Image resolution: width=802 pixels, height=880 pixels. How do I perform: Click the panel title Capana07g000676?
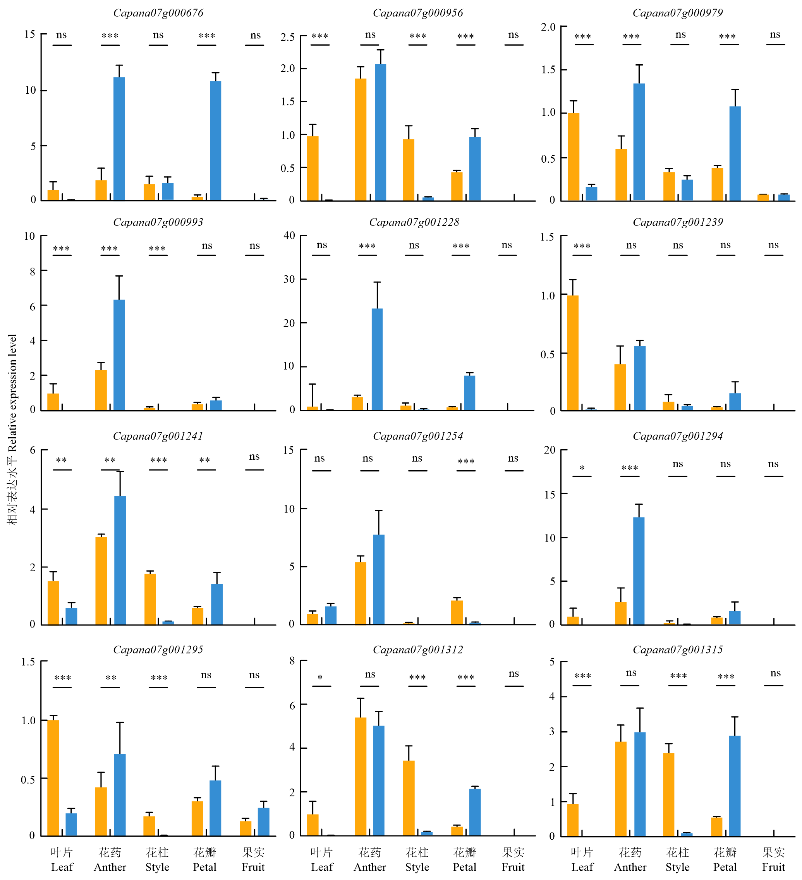(158, 13)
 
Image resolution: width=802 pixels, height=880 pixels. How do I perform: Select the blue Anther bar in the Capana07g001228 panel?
(377, 359)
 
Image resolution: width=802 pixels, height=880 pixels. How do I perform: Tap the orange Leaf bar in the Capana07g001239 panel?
(572, 353)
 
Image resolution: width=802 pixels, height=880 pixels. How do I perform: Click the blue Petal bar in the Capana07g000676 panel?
(216, 141)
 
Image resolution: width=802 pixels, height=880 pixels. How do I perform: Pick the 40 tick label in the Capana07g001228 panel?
(289, 236)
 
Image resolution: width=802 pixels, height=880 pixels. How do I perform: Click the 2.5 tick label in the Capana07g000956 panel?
(288, 37)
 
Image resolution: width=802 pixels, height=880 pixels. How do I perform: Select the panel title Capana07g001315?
(678, 650)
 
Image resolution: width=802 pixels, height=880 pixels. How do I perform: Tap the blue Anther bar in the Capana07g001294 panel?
(639, 571)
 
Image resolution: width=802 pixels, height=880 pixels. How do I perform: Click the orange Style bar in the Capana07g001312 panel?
(409, 797)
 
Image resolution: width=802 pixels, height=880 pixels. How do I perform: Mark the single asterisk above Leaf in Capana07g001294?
(582, 468)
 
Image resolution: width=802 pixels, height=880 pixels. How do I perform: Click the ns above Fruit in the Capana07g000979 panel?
(775, 34)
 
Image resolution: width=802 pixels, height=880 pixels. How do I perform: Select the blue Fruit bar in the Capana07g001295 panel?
(264, 822)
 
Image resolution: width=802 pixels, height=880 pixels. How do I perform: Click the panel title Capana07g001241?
(158, 436)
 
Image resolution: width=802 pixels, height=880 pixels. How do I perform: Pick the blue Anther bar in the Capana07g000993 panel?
(119, 355)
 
